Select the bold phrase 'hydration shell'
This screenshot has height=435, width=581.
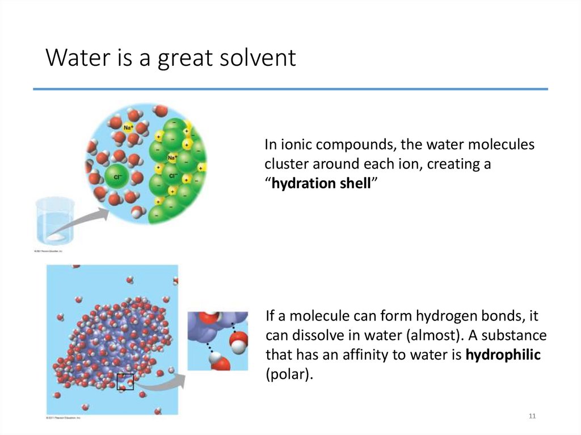[321, 184]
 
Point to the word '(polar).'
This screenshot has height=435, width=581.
[289, 375]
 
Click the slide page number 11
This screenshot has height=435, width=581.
[532, 417]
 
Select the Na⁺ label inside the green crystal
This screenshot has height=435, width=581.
[172, 157]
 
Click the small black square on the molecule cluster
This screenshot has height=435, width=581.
[125, 382]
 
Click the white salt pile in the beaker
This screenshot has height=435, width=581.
[57, 235]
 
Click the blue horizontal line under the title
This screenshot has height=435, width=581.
[290, 89]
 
